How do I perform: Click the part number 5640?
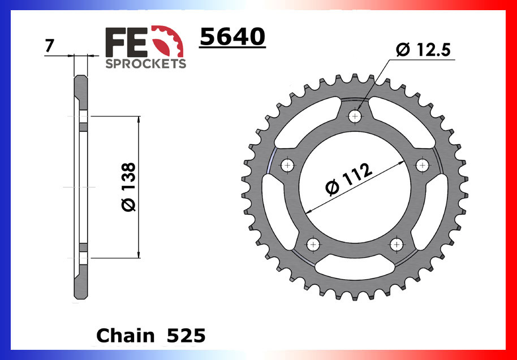232,38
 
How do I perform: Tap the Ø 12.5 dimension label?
423,50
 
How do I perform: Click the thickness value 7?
49,46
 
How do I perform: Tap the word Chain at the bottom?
125,336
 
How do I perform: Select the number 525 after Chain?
186,336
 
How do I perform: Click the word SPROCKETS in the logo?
145,64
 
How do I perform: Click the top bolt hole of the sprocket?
355,116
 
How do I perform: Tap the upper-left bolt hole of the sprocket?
288,166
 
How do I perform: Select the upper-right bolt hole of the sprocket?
423,165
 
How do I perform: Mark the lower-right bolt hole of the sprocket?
397,244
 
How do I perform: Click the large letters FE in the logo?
126,41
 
